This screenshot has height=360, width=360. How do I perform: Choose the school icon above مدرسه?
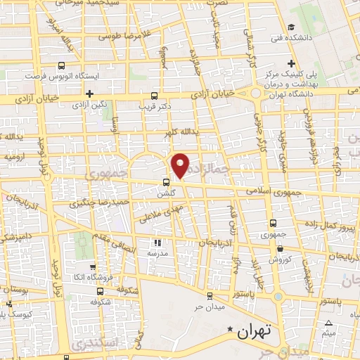tap(156, 243)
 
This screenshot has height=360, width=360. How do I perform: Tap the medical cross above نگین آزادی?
tap(89, 93)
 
